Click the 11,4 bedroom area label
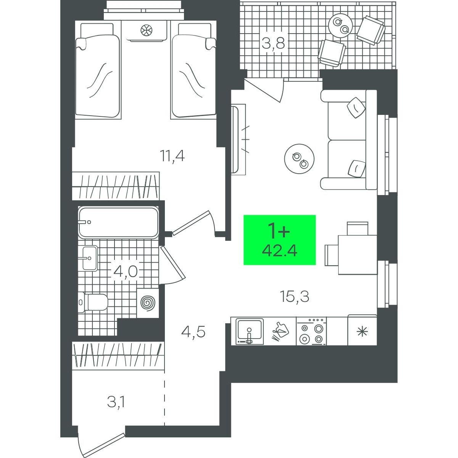(173, 156)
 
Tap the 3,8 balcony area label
(273, 44)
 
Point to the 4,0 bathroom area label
(126, 272)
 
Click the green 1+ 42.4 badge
(279, 240)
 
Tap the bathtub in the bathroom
(118, 223)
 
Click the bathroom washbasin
(90, 258)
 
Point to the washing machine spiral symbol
(148, 303)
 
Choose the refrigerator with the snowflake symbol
(362, 331)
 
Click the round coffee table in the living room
(299, 159)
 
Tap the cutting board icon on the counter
(280, 332)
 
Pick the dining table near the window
(358, 255)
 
